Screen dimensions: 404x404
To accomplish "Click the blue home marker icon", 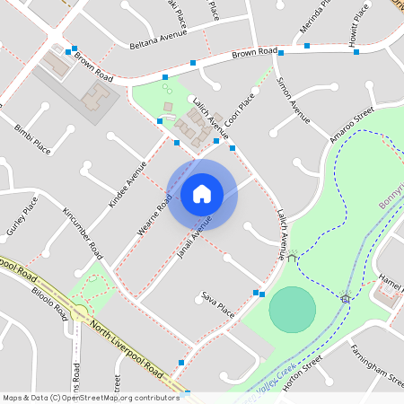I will (202, 193).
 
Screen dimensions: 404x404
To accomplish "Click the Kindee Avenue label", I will (127, 184).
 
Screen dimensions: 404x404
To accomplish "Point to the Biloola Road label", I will (50, 303).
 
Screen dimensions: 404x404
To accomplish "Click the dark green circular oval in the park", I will (293, 309).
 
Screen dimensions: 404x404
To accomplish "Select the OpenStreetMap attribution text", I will (90, 397).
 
